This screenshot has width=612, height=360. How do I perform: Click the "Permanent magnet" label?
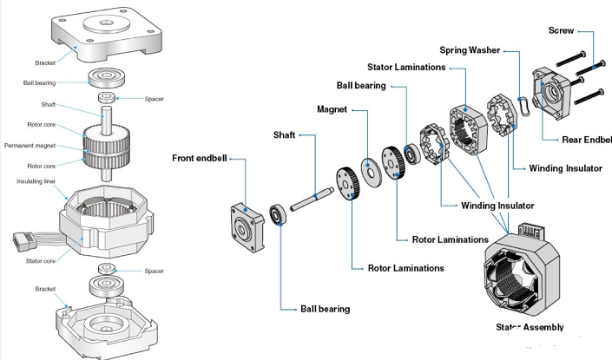click(29, 145)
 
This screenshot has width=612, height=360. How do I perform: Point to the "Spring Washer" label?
click(470, 50)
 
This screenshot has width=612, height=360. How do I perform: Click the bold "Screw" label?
click(562, 31)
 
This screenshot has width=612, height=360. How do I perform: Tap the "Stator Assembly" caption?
click(530, 327)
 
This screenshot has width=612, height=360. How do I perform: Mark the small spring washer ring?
click(523, 103)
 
